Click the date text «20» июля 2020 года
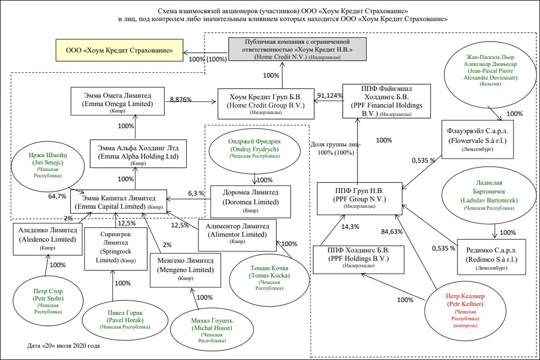point(63,346)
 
